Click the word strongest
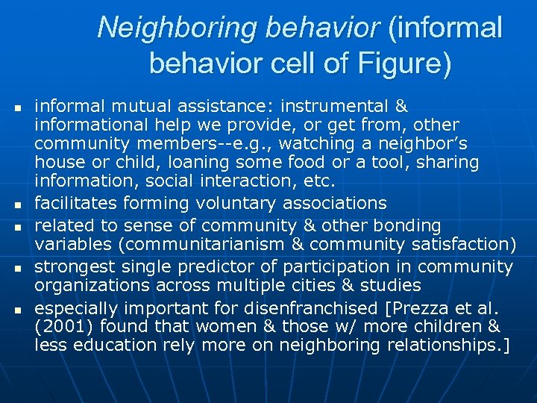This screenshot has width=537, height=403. (x=75, y=266)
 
